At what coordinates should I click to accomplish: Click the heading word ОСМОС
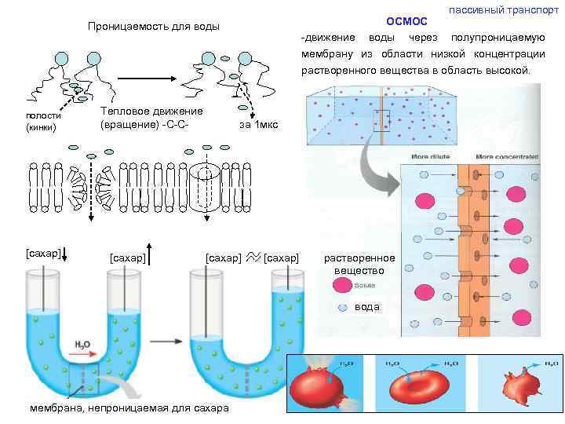point(406,21)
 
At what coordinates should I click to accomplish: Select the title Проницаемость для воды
point(153,27)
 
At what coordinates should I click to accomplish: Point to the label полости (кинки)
point(43,122)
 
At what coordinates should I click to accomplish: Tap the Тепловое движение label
point(151,117)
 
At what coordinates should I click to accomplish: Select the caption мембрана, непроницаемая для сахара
point(129,409)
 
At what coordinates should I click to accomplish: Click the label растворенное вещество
point(359,264)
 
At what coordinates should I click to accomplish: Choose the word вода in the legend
point(366,307)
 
